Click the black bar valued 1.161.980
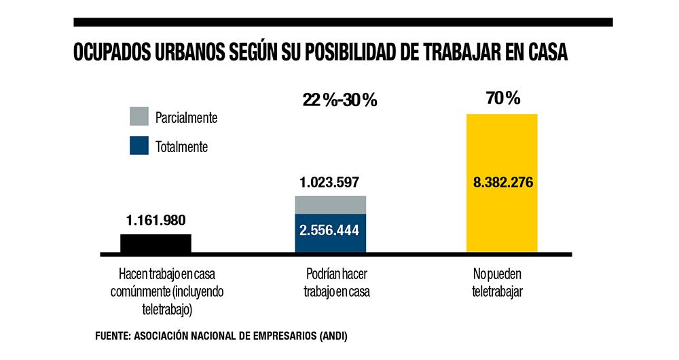tap(155, 244)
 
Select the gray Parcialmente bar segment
tap(330, 204)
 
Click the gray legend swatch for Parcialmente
tap(139, 117)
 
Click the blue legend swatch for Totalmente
tap(139, 146)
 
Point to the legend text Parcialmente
tap(186, 118)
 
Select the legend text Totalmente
tap(181, 147)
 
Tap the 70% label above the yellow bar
tap(503, 98)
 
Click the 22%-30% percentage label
tap(339, 101)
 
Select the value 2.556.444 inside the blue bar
tap(329, 230)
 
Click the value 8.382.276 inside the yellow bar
tap(502, 182)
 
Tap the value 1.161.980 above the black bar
tap(155, 220)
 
